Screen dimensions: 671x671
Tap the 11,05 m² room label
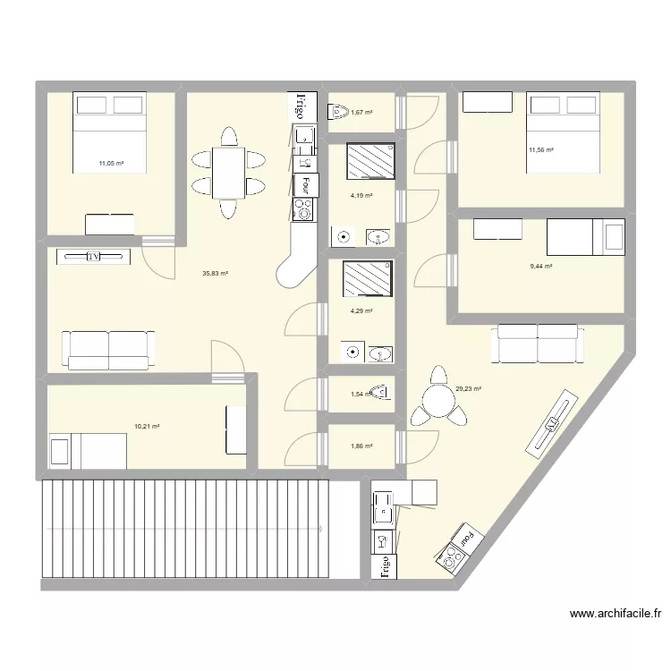(x=111, y=164)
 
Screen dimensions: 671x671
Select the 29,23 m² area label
(x=469, y=389)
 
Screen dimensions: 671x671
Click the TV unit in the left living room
(x=93, y=257)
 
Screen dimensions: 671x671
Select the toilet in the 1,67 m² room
(x=338, y=112)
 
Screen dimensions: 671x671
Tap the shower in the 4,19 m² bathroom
(x=370, y=161)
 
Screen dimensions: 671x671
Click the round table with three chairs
(x=438, y=398)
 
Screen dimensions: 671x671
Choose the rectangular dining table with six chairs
(x=227, y=173)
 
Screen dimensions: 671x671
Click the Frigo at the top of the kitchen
(x=302, y=106)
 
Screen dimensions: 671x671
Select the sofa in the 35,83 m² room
(x=108, y=349)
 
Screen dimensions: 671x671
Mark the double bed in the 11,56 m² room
(x=563, y=132)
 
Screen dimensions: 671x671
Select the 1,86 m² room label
(x=361, y=446)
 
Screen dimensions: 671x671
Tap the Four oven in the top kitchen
(x=305, y=184)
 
